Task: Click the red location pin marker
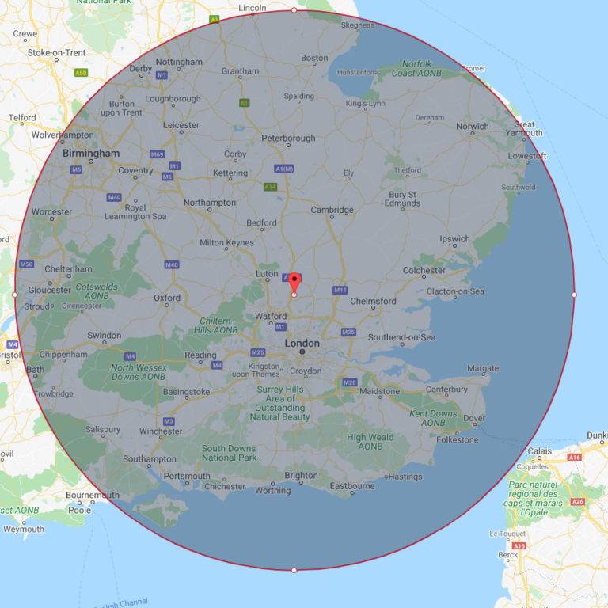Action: point(294,283)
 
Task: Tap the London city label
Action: point(302,343)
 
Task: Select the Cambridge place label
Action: point(332,210)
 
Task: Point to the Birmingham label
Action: point(91,153)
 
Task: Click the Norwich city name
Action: point(473,126)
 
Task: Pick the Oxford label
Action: point(167,298)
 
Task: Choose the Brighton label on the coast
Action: point(301,475)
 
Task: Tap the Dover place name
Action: point(473,417)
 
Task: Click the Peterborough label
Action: point(289,138)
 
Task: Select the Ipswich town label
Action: point(455,238)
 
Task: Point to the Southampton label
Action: point(150,458)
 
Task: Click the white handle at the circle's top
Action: point(294,10)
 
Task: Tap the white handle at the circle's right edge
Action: point(574,294)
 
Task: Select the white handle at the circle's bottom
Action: point(294,570)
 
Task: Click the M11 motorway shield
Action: point(340,290)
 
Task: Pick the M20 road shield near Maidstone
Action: point(350,382)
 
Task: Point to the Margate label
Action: point(483,369)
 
